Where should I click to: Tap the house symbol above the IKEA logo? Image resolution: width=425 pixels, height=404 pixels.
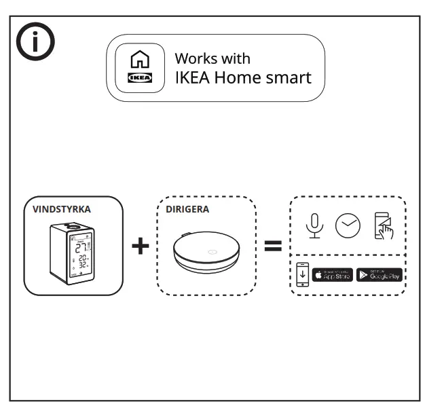140,59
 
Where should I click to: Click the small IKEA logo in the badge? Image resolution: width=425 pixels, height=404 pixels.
140,77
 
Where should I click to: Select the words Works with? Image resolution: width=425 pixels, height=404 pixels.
212,58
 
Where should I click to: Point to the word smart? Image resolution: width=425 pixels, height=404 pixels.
289,77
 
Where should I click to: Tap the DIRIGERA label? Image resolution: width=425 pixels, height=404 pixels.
187,210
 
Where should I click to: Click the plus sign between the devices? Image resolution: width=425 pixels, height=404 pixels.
140,246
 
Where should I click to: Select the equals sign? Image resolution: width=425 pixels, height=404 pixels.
273,246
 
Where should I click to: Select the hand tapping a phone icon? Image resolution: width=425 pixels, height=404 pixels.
384,227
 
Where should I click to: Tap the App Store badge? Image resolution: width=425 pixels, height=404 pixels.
332,275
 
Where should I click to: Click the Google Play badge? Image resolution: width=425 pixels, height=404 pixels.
379,275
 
